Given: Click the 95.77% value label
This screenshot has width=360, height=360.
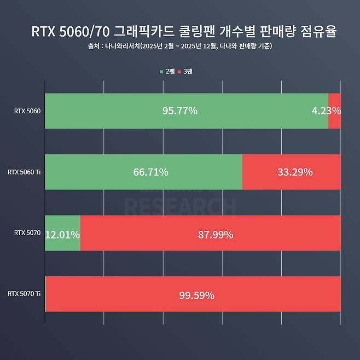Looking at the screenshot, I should (180, 111).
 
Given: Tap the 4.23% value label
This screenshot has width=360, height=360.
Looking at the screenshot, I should (326, 111).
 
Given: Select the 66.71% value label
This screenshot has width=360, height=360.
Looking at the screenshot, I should (150, 172).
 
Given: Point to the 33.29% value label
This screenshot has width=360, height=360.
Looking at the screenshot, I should (295, 172).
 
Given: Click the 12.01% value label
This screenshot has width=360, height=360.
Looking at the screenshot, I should (62, 235).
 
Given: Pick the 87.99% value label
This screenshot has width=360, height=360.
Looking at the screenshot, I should (216, 235).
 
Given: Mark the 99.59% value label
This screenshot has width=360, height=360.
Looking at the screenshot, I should (196, 296).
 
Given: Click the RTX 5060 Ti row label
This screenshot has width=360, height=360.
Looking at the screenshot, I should (24, 172).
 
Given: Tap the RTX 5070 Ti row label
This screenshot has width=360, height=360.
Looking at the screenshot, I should (24, 294).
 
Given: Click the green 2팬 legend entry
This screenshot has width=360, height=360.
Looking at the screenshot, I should (167, 72).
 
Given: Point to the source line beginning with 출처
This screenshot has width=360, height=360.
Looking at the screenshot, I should (180, 47).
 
